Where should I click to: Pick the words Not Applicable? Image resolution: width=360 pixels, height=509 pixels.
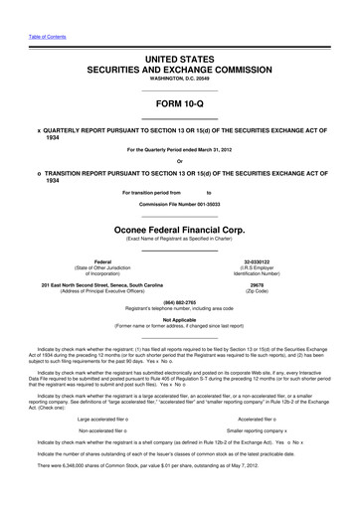(179, 319)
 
